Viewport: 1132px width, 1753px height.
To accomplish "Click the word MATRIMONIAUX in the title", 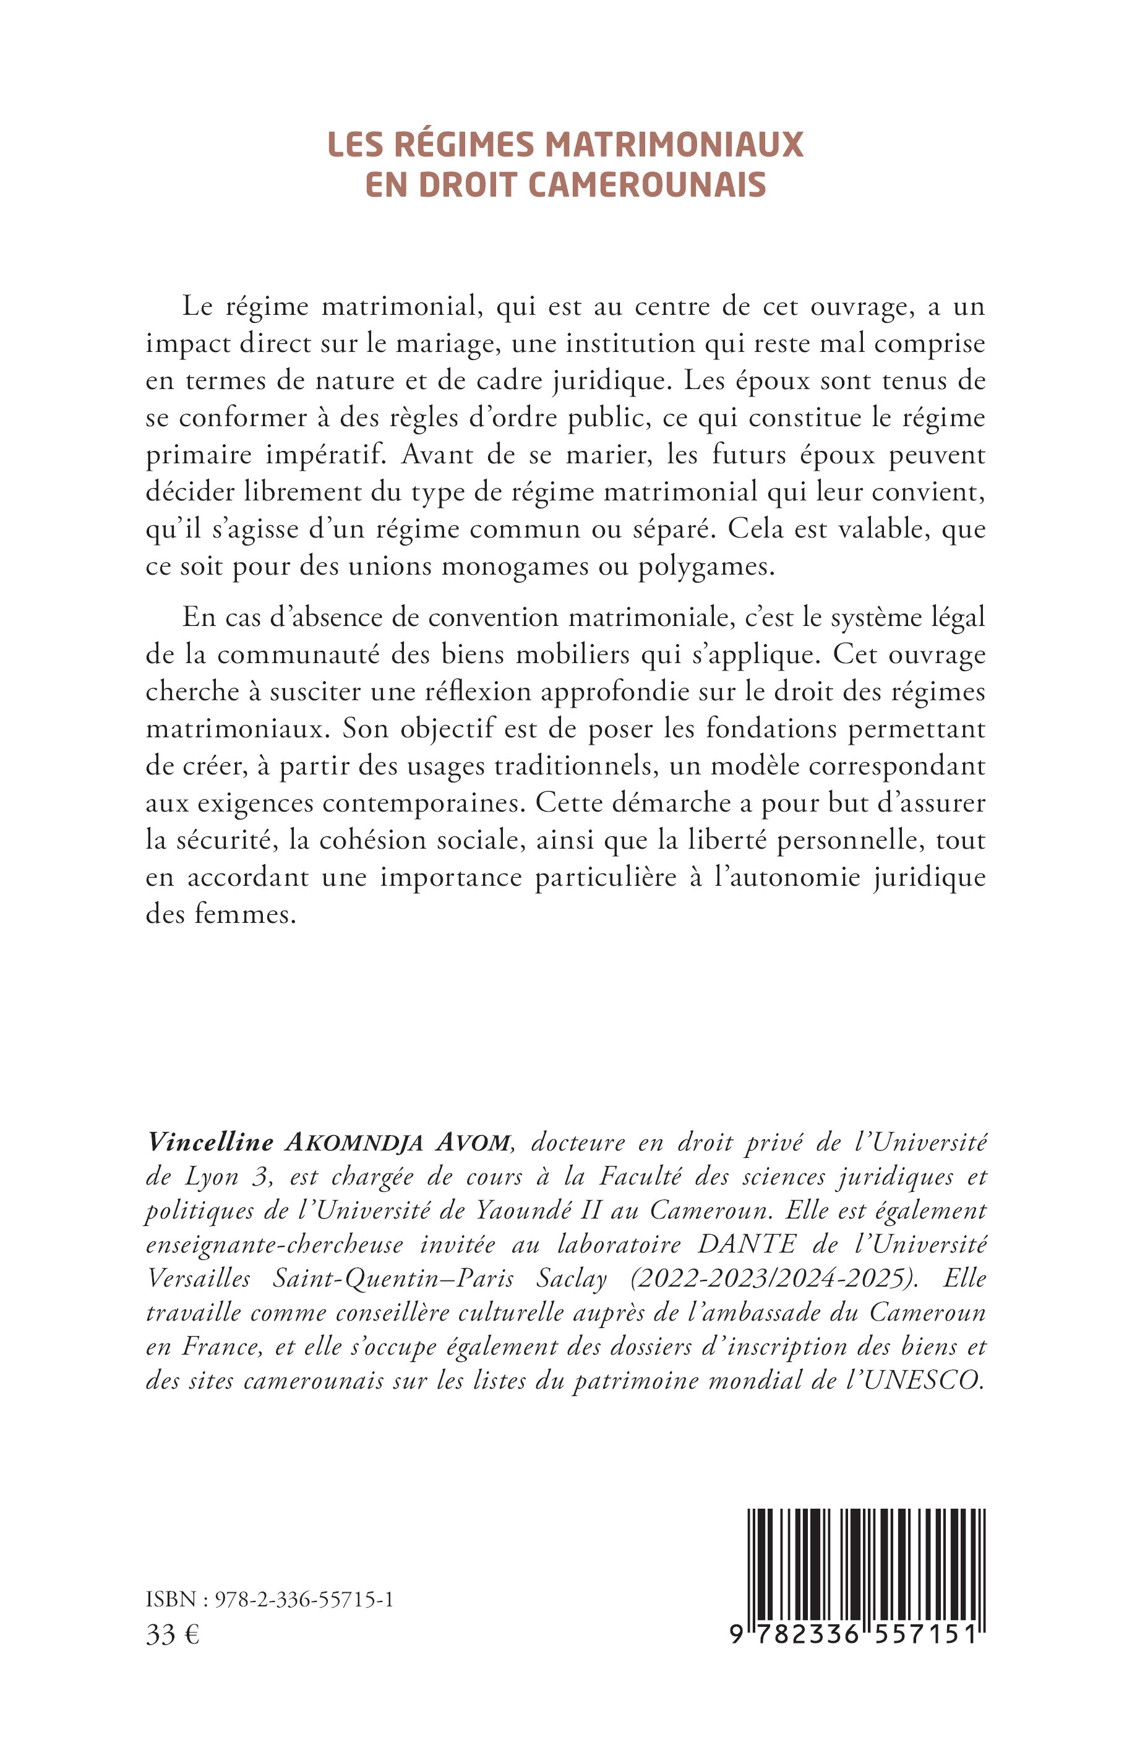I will [x=673, y=145].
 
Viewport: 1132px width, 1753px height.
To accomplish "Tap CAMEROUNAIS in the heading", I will [x=647, y=185].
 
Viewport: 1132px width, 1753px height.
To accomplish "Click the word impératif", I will [x=312, y=455].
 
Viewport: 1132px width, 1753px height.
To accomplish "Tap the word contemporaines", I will [x=413, y=804].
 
